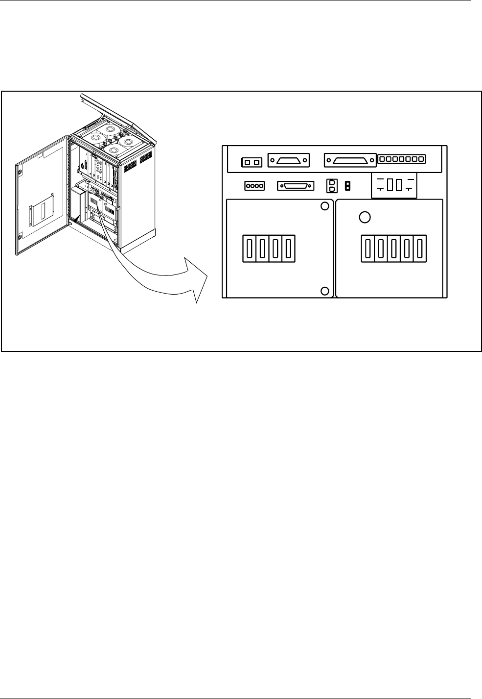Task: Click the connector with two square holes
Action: pyautogui.click(x=252, y=162)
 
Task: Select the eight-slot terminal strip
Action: pyautogui.click(x=402, y=159)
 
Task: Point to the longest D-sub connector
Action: pyautogui.click(x=350, y=160)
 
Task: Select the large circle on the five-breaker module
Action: pyautogui.click(x=364, y=217)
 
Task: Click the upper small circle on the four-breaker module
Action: pyautogui.click(x=324, y=206)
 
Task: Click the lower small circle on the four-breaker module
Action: pyautogui.click(x=324, y=291)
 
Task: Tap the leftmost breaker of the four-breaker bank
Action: pyautogui.click(x=250, y=249)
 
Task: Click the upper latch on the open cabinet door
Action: pyautogui.click(x=19, y=173)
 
